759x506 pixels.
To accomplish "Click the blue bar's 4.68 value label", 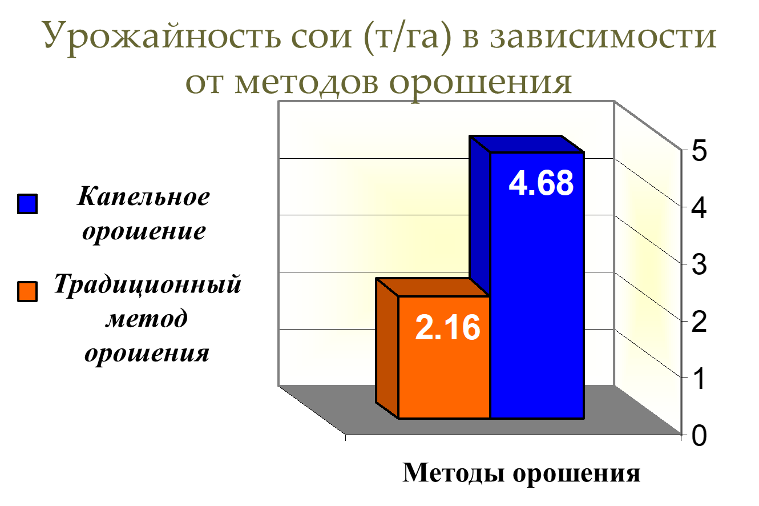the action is [541, 183].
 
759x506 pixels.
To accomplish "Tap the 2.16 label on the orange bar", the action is [447, 327].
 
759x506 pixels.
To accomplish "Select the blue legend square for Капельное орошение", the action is [27, 204].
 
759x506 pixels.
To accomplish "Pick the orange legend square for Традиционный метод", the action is [27, 292].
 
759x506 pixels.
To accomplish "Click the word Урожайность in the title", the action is [162, 37].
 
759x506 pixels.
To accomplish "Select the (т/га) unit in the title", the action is [407, 37].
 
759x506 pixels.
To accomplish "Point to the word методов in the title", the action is [306, 83].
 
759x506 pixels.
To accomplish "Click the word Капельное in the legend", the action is [144, 196].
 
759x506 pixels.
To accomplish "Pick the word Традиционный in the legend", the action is [148, 284].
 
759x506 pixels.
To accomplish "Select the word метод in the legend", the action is [146, 319].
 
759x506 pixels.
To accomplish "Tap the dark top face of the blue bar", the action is [526, 144].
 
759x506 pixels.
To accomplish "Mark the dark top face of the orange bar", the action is [433, 287].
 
